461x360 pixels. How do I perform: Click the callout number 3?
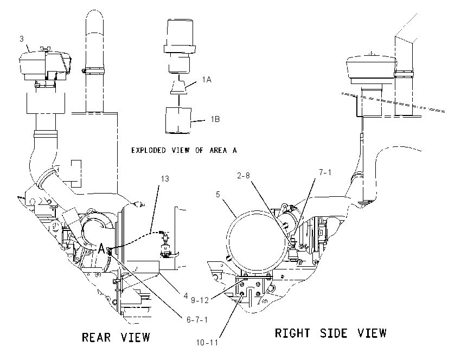[22, 39]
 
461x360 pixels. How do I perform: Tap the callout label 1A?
[207, 79]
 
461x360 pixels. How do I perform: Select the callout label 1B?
[215, 119]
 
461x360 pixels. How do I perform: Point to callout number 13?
[165, 179]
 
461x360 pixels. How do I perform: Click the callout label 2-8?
[244, 176]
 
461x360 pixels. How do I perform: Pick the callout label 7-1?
[325, 172]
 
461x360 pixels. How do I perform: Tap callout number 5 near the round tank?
[218, 195]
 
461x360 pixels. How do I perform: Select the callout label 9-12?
[200, 300]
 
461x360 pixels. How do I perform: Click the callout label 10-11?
[207, 343]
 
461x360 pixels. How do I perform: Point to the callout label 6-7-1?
[197, 319]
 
